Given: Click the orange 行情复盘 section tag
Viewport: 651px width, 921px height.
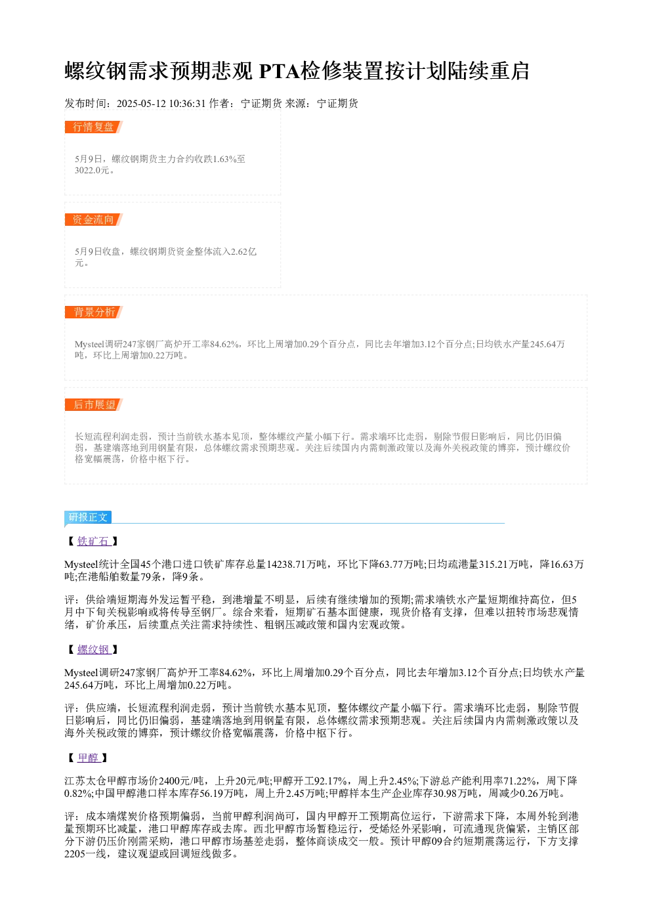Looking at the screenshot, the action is click(93, 127).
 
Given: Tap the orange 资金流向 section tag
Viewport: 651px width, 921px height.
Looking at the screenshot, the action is click(93, 219).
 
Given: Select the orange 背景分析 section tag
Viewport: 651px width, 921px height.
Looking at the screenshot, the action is click(93, 312).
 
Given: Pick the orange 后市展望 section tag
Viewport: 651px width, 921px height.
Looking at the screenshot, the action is click(93, 404).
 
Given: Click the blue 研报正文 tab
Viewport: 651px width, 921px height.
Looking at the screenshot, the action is click(88, 517).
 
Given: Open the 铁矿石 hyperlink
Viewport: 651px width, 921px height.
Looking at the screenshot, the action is click(94, 542).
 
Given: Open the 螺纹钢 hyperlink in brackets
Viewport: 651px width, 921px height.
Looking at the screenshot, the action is click(94, 650).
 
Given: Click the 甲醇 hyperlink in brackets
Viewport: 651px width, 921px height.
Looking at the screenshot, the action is click(89, 758).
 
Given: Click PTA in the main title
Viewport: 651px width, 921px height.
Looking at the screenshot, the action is click(279, 71).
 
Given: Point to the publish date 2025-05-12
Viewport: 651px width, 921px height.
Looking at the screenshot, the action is click(141, 104).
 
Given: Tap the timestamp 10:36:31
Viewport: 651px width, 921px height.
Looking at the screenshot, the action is click(187, 104).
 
